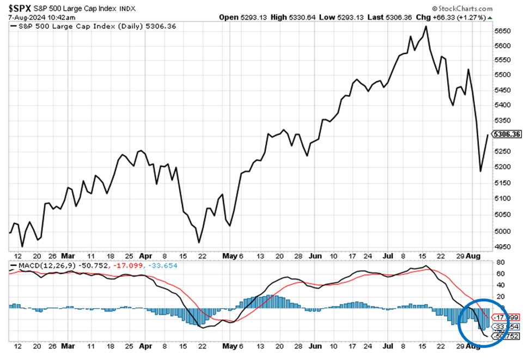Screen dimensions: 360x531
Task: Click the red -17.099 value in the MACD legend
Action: point(126,265)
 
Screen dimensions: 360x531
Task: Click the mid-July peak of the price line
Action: point(425,26)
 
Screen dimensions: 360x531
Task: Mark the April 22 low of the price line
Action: point(199,242)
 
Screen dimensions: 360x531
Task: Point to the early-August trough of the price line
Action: point(480,172)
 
